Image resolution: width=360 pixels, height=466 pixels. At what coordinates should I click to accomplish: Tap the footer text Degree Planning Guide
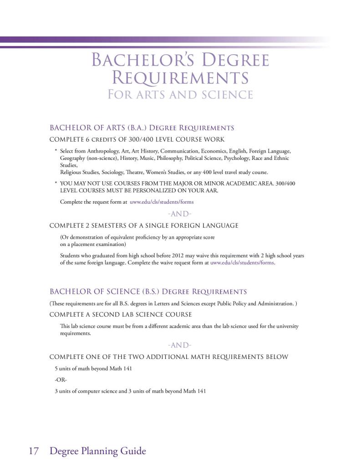pyautogui.click(x=98, y=451)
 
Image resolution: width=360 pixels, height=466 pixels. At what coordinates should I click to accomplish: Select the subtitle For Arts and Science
pyautogui.click(x=180, y=95)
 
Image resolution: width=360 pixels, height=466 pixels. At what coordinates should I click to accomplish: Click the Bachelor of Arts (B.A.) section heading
pyautogui.click(x=142, y=128)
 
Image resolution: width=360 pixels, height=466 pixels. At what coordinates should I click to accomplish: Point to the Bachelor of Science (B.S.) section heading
pyautogui.click(x=148, y=292)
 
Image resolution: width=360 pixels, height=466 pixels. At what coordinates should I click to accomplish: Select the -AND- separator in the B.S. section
pyautogui.click(x=180, y=345)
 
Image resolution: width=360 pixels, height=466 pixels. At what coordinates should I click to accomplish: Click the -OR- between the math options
pyautogui.click(x=61, y=379)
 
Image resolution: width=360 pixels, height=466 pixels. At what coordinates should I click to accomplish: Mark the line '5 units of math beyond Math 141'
pyautogui.click(x=93, y=368)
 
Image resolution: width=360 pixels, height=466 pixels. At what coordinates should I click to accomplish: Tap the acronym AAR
pyautogui.click(x=211, y=190)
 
